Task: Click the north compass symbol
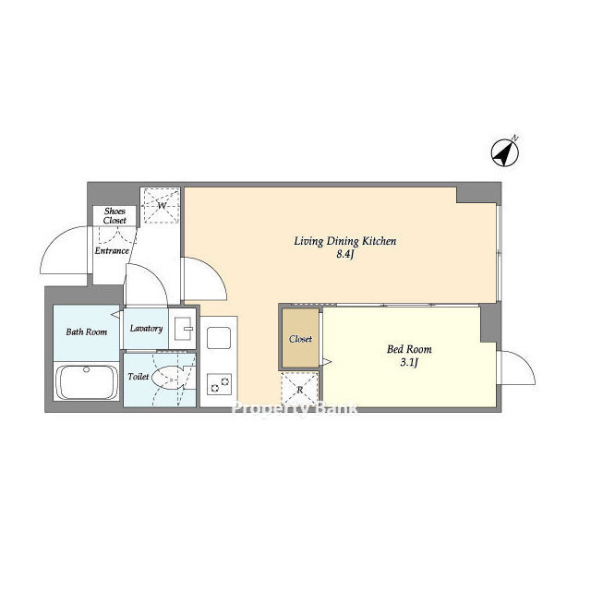(505, 151)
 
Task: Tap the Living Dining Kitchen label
(344, 241)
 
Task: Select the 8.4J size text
(345, 255)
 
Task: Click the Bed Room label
(409, 349)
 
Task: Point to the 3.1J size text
(409, 363)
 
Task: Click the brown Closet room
(300, 338)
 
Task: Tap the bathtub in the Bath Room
(86, 381)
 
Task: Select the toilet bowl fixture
(168, 377)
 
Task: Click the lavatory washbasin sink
(184, 329)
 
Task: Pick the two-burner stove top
(220, 384)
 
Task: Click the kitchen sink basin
(219, 338)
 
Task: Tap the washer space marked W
(162, 206)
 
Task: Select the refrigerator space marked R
(299, 390)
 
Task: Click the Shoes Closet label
(115, 215)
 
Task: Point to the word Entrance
(112, 250)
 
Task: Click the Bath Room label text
(86, 332)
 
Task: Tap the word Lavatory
(146, 329)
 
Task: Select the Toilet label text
(139, 376)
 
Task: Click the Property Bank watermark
(294, 408)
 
